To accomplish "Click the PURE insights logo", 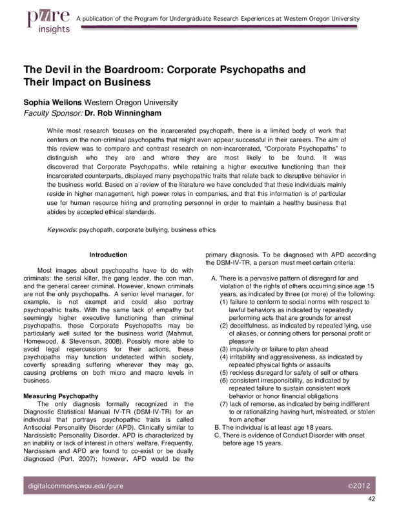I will (45, 23).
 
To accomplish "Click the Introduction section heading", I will (108, 255).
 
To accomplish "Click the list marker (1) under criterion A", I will (223, 302).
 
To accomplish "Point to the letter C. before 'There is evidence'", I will (216, 436).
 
